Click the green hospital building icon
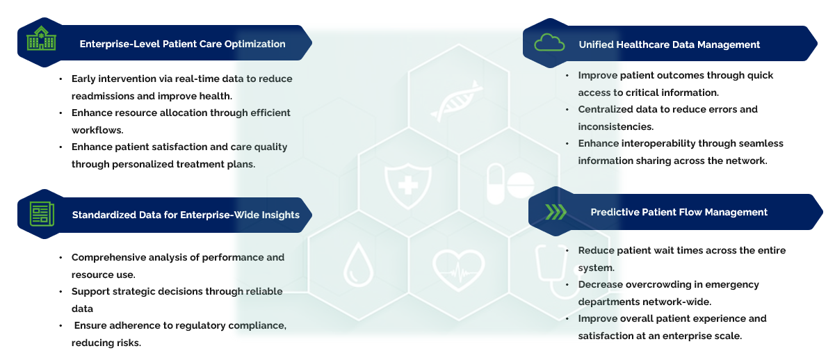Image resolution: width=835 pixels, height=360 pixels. tap(41, 40)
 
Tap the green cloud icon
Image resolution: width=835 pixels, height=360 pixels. tap(549, 43)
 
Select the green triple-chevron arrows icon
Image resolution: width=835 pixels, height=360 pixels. tap(556, 212)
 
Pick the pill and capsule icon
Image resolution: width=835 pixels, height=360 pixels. tap(510, 184)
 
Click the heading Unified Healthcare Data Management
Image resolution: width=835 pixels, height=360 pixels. tap(669, 44)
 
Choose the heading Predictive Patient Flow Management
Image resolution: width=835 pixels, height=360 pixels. tap(679, 212)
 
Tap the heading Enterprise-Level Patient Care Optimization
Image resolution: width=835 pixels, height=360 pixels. tap(182, 44)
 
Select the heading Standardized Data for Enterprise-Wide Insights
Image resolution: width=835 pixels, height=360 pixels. tap(186, 215)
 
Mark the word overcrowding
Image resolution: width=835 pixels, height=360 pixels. tap(660, 284)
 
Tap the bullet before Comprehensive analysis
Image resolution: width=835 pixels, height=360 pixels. tap(61, 257)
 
